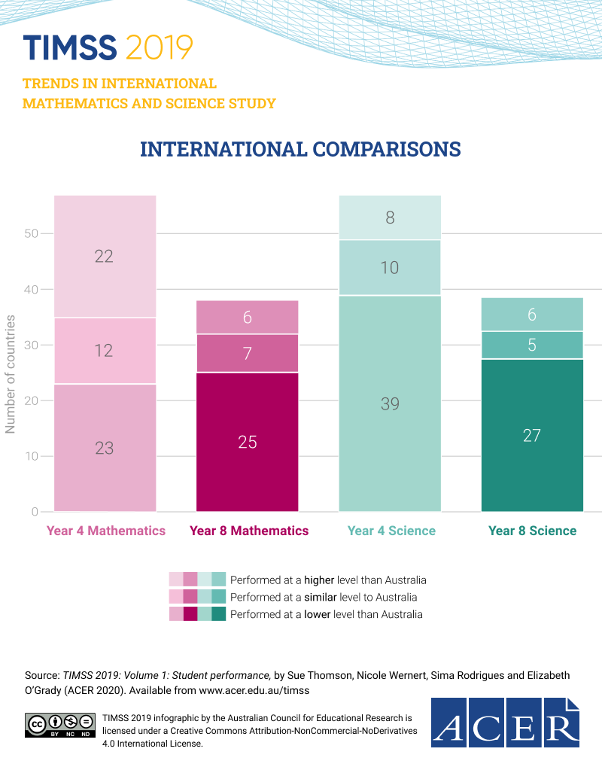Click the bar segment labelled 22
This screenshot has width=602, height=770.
(105, 256)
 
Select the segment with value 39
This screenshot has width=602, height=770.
(390, 403)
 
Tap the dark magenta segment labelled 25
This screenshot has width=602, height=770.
(248, 442)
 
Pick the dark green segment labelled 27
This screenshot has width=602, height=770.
(532, 435)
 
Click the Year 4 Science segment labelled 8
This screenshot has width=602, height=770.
(390, 218)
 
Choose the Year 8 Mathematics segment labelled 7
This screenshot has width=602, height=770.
(248, 353)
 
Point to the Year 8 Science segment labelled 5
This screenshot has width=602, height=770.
(532, 345)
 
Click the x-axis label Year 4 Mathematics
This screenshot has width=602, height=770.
(106, 531)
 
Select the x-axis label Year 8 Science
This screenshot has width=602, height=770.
(532, 531)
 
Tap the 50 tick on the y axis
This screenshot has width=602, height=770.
(30, 233)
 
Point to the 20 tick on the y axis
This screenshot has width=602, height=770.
(30, 400)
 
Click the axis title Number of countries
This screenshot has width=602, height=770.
(11, 374)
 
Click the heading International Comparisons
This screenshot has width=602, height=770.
(300, 149)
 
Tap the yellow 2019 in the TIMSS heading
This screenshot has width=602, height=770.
(160, 47)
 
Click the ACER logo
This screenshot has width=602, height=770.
(506, 722)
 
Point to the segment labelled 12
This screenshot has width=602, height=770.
(105, 350)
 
